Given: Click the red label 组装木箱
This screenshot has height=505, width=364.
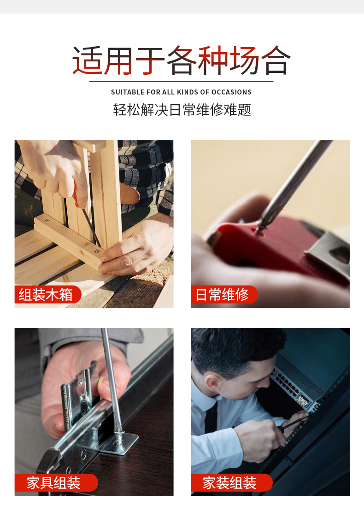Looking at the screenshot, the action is pyautogui.click(x=47, y=294).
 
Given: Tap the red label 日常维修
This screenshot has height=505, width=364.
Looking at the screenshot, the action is pyautogui.click(x=224, y=294).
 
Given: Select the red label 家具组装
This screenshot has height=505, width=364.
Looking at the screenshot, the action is pyautogui.click(x=56, y=482).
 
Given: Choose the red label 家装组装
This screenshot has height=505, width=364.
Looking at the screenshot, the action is pyautogui.click(x=232, y=482).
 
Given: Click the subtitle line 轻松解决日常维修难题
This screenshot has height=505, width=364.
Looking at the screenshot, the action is pyautogui.click(x=182, y=110).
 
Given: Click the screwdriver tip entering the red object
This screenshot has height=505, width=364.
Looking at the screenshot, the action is pyautogui.click(x=259, y=229).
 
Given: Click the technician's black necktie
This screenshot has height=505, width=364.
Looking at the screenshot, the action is pyautogui.click(x=211, y=417).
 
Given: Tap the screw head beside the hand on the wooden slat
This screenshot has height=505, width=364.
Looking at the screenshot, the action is pyautogui.click(x=96, y=250).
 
